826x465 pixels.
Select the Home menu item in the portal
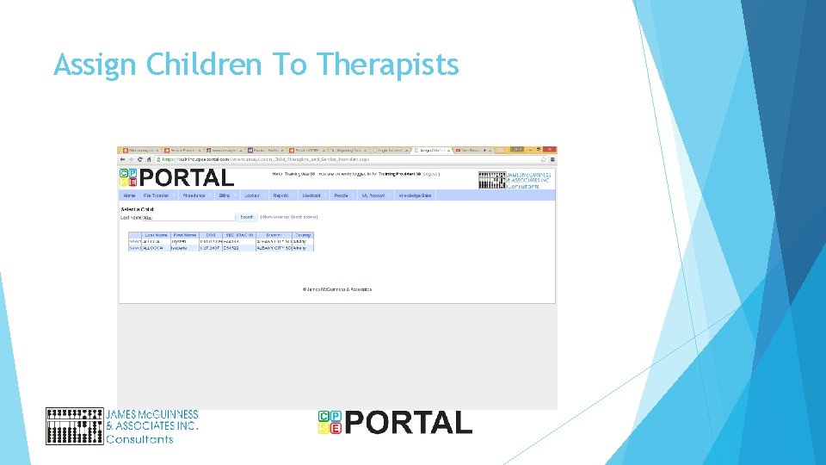tap(129, 195)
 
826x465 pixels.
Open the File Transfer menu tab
tap(156, 195)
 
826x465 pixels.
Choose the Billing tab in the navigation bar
tap(225, 195)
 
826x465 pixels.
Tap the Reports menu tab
tap(280, 195)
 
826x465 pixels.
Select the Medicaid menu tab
tap(311, 195)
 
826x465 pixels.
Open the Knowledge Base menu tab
tap(415, 195)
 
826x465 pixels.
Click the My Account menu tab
tap(374, 195)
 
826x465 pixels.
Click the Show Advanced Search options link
tap(289, 217)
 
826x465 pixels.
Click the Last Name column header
tap(157, 234)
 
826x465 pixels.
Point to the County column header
tap(303, 234)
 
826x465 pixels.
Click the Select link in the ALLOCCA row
tap(134, 247)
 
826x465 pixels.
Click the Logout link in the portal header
tap(430, 174)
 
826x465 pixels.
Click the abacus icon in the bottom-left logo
tap(74, 426)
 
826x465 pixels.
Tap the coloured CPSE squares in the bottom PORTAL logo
tap(330, 422)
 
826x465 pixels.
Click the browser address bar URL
tap(267, 159)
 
